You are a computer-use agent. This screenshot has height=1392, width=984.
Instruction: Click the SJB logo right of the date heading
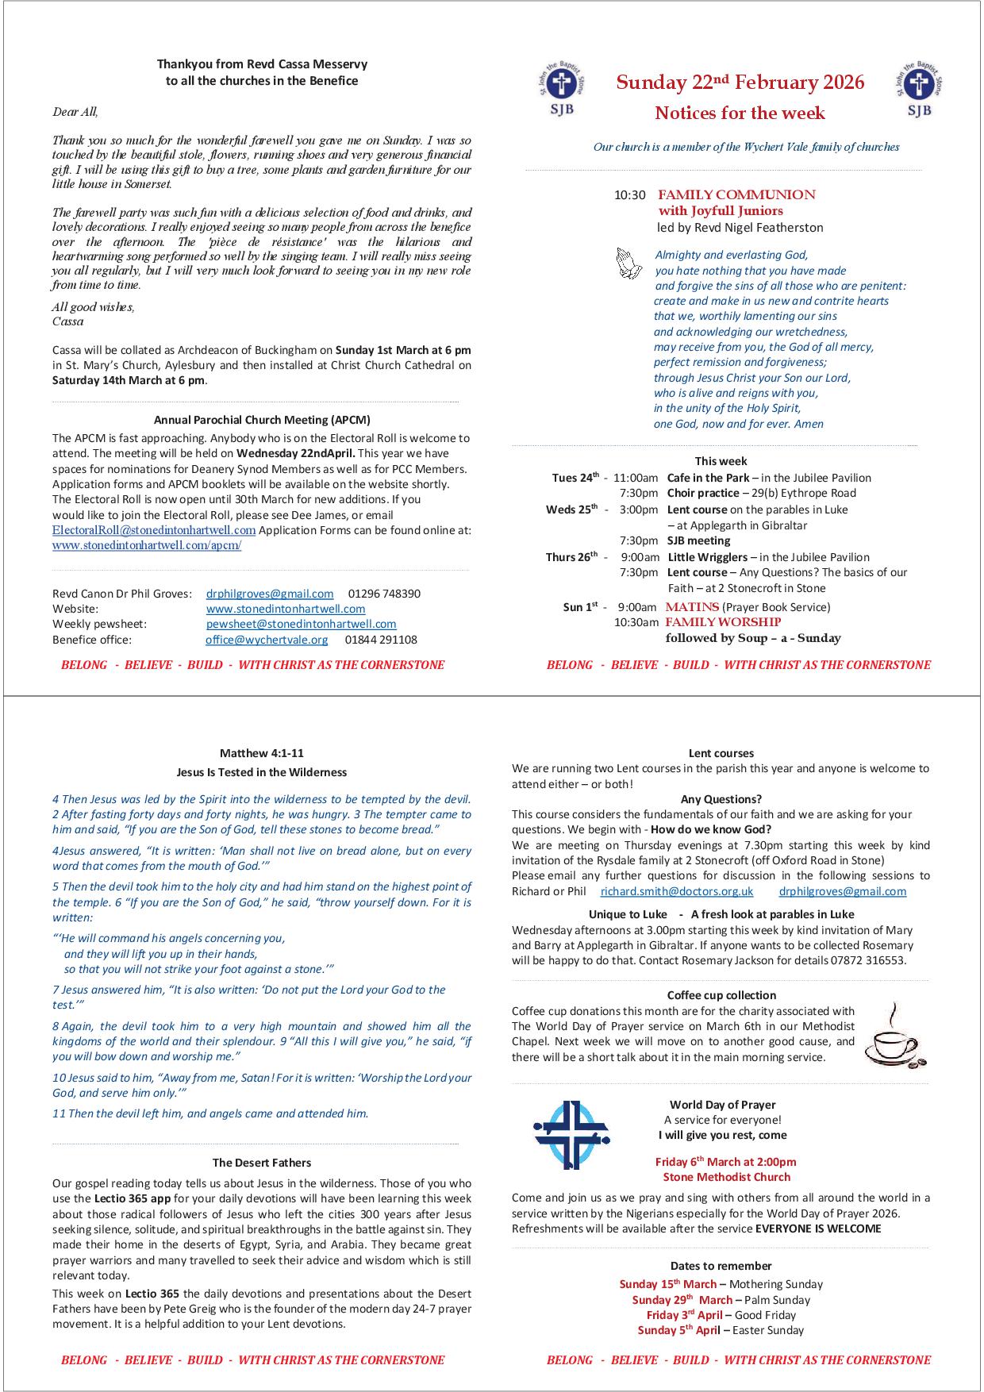pyautogui.click(x=919, y=88)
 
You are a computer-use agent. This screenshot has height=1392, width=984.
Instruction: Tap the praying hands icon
pyautogui.click(x=629, y=263)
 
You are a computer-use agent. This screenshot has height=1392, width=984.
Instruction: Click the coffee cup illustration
pyautogui.click(x=894, y=1036)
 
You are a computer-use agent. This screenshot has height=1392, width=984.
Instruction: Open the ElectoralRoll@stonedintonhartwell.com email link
pyautogui.click(x=154, y=530)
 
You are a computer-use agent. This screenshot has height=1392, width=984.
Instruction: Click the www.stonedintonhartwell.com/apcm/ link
pyautogui.click(x=147, y=545)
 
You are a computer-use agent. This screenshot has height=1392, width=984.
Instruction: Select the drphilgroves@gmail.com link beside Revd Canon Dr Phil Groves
pyautogui.click(x=270, y=594)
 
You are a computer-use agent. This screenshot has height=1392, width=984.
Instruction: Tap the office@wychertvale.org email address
pyautogui.click(x=267, y=640)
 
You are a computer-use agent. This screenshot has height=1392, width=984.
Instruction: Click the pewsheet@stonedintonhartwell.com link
pyautogui.click(x=301, y=625)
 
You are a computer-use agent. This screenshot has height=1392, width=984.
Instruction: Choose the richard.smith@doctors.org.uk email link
pyautogui.click(x=677, y=891)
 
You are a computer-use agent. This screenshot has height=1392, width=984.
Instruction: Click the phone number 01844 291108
pyautogui.click(x=381, y=640)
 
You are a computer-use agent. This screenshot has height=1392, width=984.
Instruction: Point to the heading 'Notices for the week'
pyautogui.click(x=740, y=113)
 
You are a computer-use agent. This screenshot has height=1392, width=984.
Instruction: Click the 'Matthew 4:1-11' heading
pyautogui.click(x=262, y=753)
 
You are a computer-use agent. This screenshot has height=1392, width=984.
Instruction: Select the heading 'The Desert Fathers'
pyautogui.click(x=262, y=1163)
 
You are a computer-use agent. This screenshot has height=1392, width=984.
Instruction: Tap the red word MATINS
pyautogui.click(x=692, y=607)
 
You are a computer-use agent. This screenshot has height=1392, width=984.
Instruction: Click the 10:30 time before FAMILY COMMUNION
pyautogui.click(x=630, y=195)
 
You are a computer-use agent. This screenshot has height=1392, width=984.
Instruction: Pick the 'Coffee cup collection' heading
pyautogui.click(x=721, y=995)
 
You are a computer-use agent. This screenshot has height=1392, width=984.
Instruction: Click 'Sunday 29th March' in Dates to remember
pyautogui.click(x=682, y=1300)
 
